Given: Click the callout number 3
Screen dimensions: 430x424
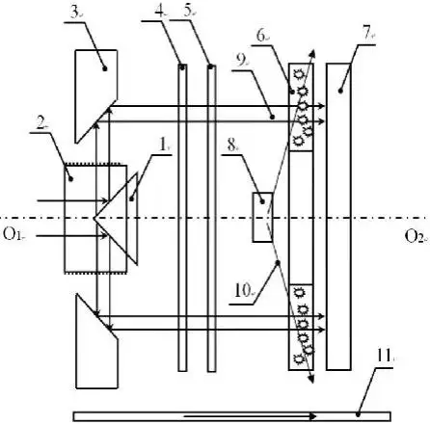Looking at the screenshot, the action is click(74, 13).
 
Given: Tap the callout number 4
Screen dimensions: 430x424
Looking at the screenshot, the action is click(159, 12).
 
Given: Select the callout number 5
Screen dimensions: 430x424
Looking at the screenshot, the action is click(189, 12).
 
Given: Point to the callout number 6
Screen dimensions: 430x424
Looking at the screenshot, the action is click(261, 36).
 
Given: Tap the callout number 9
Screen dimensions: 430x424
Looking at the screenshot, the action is click(242, 61).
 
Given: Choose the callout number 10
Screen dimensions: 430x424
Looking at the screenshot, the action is click(242, 291).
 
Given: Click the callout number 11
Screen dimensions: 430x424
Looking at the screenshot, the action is click(384, 356).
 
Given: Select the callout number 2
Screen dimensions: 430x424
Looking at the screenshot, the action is click(40, 123).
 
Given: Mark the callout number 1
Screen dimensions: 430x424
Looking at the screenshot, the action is click(164, 146).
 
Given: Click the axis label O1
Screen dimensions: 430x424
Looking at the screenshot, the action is click(13, 234).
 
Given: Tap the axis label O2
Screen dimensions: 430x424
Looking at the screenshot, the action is click(415, 237).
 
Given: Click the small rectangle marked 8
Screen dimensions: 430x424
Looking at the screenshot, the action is click(262, 217).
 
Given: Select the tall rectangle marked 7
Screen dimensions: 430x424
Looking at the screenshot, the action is click(338, 217).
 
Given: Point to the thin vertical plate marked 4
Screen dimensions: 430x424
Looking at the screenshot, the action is click(182, 218).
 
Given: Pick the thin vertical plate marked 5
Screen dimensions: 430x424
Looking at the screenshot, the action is click(211, 219).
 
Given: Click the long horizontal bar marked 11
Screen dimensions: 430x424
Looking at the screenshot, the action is click(231, 416).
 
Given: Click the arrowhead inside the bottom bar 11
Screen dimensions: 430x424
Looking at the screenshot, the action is click(312, 416).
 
